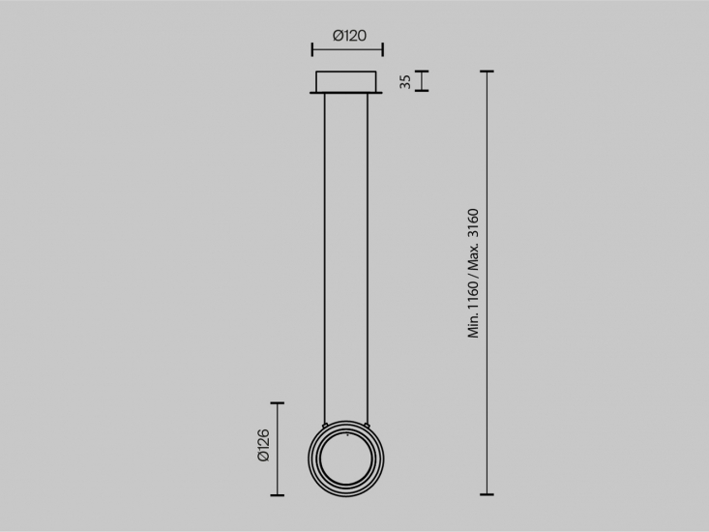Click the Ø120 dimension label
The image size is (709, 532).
click(x=349, y=35)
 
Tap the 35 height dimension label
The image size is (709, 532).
click(x=405, y=82)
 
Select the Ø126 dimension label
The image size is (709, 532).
click(x=263, y=445)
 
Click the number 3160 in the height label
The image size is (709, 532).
click(x=473, y=223)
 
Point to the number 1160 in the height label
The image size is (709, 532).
click(x=473, y=295)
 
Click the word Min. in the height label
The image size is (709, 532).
click(x=473, y=325)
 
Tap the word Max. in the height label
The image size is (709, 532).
click(x=473, y=257)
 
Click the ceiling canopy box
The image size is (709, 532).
click(x=346, y=82)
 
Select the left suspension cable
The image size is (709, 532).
click(x=325, y=258)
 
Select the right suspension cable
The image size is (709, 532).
click(x=368, y=258)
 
